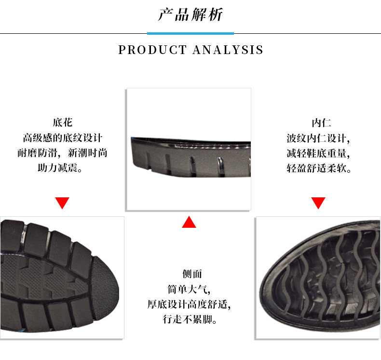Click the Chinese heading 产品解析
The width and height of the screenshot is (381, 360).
pos(190,14)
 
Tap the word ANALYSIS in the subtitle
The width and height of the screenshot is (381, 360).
pos(228,50)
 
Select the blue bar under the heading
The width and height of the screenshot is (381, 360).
pos(190,33)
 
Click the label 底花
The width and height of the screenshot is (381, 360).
pos(62,123)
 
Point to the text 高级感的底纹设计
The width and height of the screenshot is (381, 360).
pos(62,138)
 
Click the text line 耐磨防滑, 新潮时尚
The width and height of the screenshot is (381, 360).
pos(62,153)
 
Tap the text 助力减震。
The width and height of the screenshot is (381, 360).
pos(62,168)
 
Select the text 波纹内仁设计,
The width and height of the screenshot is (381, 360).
pos(318,138)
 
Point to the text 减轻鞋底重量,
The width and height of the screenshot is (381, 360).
pos(318,153)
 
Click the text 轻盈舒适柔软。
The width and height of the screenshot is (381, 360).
pos(318,168)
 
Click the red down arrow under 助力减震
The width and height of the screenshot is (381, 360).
pos(62,203)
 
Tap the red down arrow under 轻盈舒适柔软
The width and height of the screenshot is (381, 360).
pos(318,203)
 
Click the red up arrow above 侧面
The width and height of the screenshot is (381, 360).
pos(189,222)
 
